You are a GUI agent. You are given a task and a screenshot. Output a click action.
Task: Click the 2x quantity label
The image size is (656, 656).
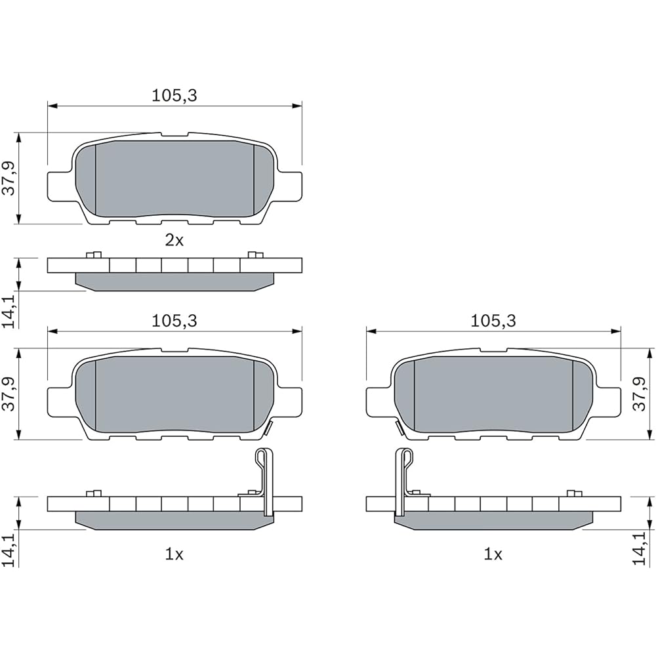coord(174,240)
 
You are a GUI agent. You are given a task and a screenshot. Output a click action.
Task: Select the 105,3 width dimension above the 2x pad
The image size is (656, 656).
coord(174,96)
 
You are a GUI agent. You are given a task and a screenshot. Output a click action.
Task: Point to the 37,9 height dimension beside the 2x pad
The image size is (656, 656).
coord(9,178)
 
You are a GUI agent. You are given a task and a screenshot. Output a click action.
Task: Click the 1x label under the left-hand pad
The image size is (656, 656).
coord(174,554)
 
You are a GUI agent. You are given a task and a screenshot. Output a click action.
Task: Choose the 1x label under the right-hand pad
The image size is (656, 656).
coord(493,554)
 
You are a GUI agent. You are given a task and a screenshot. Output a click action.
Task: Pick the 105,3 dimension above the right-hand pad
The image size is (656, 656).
coord(493,321)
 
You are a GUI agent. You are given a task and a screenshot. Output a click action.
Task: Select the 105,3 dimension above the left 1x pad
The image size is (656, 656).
coord(174,321)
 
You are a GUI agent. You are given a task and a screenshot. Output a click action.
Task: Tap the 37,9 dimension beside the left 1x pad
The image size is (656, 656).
coord(9,394)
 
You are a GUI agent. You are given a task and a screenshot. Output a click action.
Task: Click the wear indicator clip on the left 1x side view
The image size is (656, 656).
coord(263,479)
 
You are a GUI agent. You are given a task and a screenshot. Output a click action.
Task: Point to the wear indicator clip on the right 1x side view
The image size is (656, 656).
coord(403,479)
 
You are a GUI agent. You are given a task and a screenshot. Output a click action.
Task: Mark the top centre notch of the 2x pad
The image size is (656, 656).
coord(174,135)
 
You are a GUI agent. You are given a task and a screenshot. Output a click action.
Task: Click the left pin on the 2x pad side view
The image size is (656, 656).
coord(93,255)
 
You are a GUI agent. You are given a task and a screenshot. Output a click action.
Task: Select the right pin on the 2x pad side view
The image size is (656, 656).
coord(255,255)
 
